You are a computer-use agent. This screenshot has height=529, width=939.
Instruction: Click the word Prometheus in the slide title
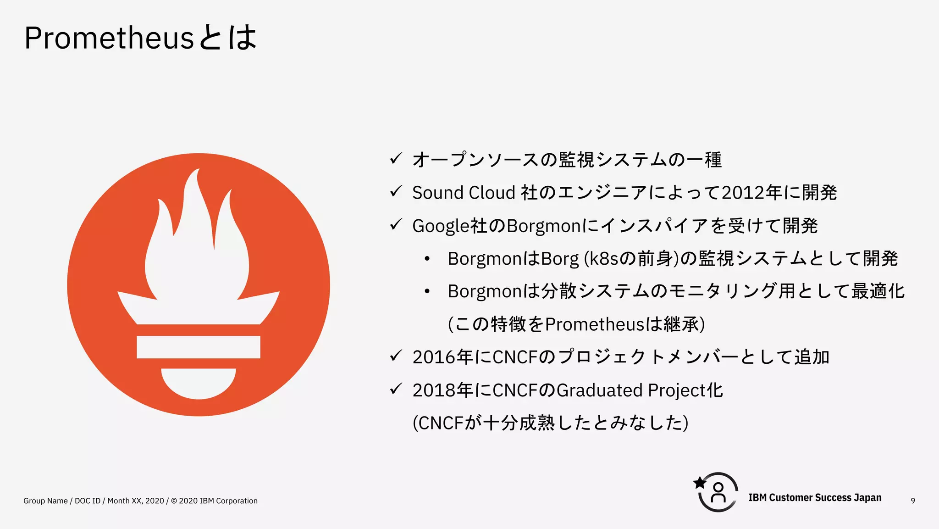[x=109, y=38]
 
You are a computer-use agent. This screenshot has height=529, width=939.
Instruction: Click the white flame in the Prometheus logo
[x=197, y=248]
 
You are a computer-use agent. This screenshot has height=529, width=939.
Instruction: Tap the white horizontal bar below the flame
[x=198, y=347]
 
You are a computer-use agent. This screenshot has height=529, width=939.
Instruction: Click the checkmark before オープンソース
[x=396, y=159]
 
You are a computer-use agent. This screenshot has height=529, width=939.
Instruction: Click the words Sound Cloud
[x=464, y=193]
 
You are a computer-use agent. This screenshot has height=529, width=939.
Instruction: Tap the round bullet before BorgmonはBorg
[x=427, y=259]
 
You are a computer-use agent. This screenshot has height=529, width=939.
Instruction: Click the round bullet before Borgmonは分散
[x=427, y=292]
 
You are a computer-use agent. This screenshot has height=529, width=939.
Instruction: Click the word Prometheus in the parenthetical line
[x=595, y=324]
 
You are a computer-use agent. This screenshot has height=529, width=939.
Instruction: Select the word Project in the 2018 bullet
[x=677, y=390]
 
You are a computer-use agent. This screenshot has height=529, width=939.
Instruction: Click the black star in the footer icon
[x=700, y=483]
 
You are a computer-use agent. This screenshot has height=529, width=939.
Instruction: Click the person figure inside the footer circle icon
[x=718, y=493]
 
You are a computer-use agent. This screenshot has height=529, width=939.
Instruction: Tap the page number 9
[x=913, y=501]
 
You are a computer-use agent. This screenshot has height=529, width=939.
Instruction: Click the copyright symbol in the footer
[x=174, y=501]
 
